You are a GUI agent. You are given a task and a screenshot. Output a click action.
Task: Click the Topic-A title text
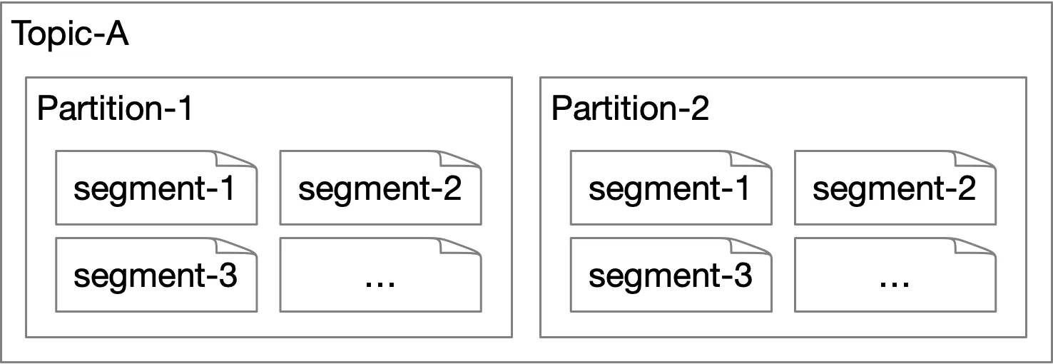[70, 34]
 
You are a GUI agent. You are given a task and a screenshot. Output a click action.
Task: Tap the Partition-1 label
[115, 108]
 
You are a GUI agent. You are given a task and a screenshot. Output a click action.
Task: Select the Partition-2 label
[630, 108]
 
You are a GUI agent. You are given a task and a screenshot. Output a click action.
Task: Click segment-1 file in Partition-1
[156, 188]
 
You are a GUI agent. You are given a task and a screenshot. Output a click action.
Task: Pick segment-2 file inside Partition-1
[380, 188]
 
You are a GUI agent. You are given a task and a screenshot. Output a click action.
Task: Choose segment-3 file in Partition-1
[156, 275]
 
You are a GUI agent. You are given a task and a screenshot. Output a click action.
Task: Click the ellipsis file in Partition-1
[380, 275]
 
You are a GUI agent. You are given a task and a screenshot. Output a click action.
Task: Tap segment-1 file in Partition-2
[671, 188]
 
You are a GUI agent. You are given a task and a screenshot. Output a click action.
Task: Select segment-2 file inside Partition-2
[895, 188]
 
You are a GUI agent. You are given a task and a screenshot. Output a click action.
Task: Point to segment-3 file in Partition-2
[671, 275]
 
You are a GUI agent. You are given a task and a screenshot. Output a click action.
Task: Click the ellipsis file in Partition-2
[895, 275]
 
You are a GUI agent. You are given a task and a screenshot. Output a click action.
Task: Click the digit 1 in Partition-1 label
[185, 108]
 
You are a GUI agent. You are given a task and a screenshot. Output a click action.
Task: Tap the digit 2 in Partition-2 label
[699, 108]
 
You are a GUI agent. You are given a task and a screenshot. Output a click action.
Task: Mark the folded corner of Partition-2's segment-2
[975, 159]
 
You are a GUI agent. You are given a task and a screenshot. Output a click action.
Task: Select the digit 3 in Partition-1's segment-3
[228, 275]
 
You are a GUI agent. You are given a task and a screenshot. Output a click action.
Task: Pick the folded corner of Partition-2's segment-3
[751, 246]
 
